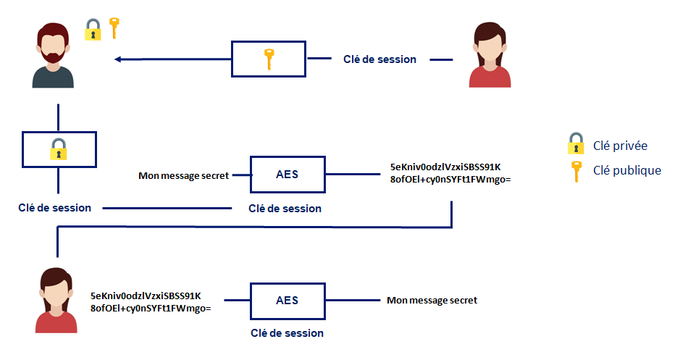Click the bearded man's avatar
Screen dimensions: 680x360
coord(53,55)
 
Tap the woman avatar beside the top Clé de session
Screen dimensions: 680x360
coord(490,54)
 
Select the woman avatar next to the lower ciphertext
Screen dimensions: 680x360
coord(56,300)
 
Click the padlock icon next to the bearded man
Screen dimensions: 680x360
coord(93,30)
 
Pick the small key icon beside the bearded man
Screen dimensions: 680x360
coord(114,28)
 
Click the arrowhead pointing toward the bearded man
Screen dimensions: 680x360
coord(117,59)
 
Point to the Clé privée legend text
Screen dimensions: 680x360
coord(620,146)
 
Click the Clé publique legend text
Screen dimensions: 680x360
coord(627,170)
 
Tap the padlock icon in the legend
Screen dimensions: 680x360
coord(576,143)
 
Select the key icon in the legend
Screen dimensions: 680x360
coord(576,172)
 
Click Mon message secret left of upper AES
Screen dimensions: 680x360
coord(183,176)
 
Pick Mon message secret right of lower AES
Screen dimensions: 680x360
coord(432,300)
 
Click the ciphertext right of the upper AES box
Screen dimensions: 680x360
coord(450,173)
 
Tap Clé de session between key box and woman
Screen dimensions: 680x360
coord(380,59)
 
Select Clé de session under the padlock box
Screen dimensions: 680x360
coord(54,208)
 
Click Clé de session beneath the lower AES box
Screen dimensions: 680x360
coord(287,333)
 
